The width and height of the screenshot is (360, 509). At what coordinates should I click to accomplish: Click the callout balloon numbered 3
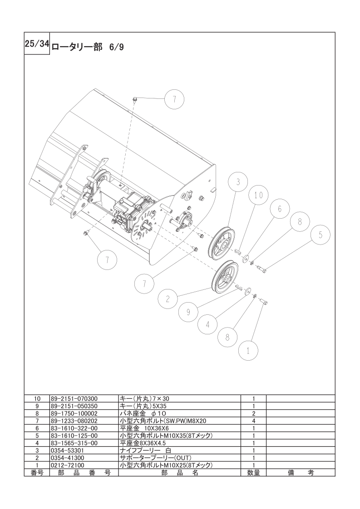[x=238, y=182]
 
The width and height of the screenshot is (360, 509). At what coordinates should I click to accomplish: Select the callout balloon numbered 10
[x=259, y=195]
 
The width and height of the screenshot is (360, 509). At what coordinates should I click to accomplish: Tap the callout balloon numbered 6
[x=280, y=209]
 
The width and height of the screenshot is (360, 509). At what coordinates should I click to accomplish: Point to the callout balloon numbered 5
[x=321, y=235]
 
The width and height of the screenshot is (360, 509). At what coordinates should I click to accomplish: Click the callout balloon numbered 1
[x=248, y=351]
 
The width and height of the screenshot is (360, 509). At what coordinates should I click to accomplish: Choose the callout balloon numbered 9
[x=188, y=312]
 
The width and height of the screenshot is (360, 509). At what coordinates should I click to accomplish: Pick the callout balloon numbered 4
[x=208, y=324]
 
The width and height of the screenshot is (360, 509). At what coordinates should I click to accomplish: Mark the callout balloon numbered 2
[x=168, y=299]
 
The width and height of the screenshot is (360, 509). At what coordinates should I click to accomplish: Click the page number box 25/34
[x=37, y=44]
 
